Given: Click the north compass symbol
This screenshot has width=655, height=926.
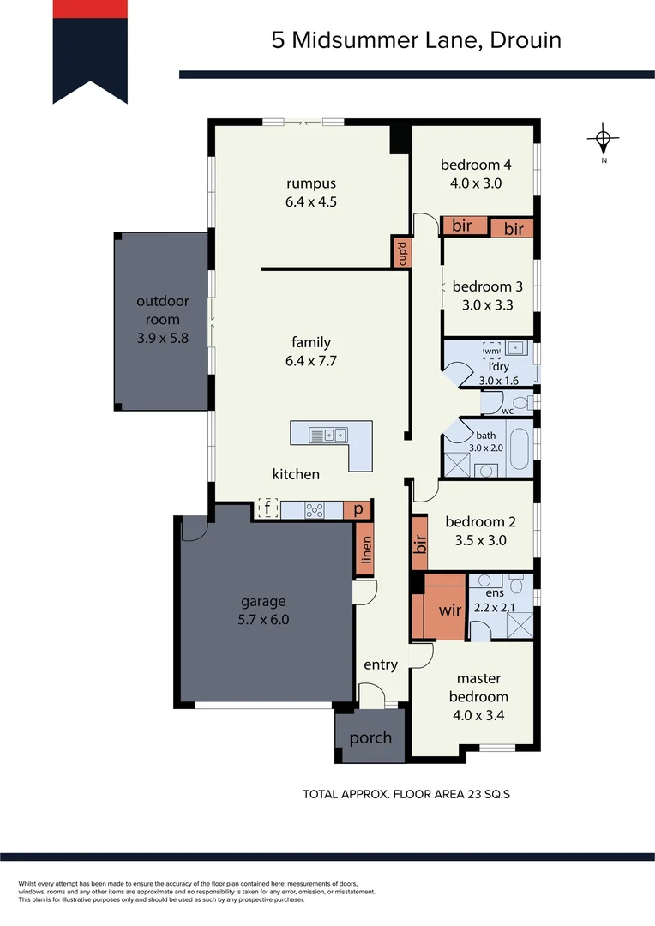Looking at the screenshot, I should point(604,139).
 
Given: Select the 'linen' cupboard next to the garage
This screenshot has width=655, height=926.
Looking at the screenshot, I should point(364,549).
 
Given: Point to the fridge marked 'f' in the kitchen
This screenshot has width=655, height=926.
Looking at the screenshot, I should point(267,509).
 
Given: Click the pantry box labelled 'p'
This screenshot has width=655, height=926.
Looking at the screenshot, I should point(358,509).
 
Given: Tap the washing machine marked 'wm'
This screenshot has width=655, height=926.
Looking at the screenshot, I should point(491,351).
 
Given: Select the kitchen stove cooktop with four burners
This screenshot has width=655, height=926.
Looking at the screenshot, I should point(315,510).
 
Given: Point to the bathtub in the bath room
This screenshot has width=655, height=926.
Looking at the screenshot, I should point(520,447).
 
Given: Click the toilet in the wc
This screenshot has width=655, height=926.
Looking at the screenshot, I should point(518,402).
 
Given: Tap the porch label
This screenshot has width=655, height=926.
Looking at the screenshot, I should point(370,737).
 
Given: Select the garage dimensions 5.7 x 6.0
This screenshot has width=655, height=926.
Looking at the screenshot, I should point(264,619).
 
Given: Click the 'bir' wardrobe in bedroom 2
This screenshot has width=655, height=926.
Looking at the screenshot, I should point(420,544).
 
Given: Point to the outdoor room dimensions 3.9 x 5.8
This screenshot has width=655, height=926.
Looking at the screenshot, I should point(162,338).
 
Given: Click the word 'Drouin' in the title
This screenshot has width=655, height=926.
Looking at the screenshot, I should point(526,39).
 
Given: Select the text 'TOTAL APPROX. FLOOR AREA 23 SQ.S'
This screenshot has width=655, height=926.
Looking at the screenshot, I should point(406,794).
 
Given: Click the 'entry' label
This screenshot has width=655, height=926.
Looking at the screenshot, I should point(381,664).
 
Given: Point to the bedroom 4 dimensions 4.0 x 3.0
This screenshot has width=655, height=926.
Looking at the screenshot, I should point(475,183).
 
